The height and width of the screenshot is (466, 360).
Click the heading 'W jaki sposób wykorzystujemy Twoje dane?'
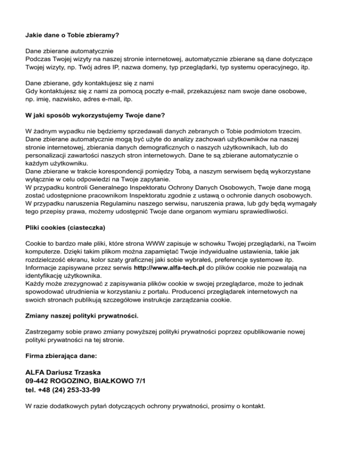pyautogui.click(x=96, y=114)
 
